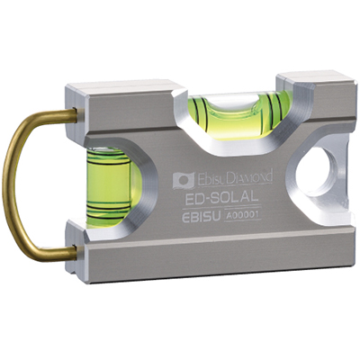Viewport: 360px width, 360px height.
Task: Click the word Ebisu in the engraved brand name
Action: (x=210, y=179)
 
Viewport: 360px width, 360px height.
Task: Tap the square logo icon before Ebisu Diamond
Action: (x=183, y=180)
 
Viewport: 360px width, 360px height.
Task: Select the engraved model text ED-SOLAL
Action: (x=221, y=198)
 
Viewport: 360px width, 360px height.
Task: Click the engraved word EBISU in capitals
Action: (x=202, y=217)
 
